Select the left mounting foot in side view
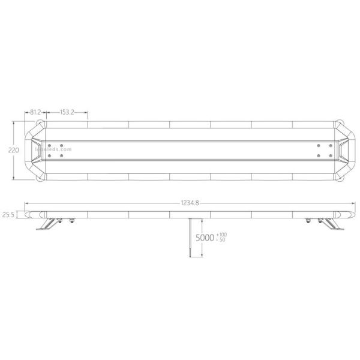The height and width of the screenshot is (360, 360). pyautogui.click(x=48, y=224)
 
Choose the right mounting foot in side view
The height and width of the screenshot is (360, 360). pyautogui.click(x=331, y=224)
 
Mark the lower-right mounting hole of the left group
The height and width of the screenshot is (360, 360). pyautogui.click(x=62, y=155)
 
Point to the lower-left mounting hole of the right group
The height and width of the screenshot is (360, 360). pyautogui.click(x=318, y=155)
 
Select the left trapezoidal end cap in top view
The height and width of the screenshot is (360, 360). pyautogui.click(x=40, y=151)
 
